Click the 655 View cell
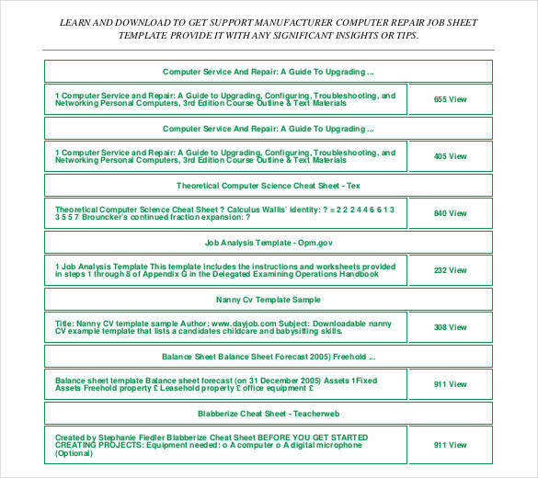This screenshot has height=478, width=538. click(x=451, y=99)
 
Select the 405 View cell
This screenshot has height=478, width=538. click(x=451, y=156)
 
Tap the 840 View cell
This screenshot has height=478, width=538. click(x=451, y=213)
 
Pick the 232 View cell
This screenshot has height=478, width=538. click(x=451, y=270)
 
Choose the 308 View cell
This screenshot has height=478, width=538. click(x=451, y=327)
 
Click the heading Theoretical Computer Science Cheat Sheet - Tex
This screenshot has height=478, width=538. click(x=268, y=186)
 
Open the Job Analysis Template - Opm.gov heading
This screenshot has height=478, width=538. click(x=268, y=243)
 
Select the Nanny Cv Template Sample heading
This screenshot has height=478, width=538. click(x=268, y=300)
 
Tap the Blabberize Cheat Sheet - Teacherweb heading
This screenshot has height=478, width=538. click(x=268, y=414)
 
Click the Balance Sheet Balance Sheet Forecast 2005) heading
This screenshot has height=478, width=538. click(x=268, y=357)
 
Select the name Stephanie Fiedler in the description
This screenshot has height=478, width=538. click(x=133, y=437)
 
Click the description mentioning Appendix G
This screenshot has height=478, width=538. click(x=224, y=270)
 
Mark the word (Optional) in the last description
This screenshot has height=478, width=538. click(x=74, y=453)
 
